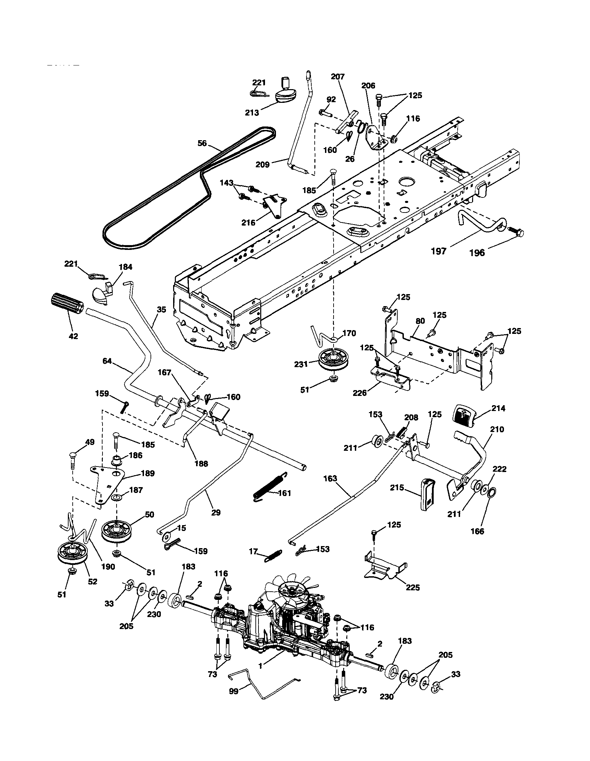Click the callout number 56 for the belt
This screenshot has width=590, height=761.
202,143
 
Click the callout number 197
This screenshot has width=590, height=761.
439,251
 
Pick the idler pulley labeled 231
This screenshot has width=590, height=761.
334,361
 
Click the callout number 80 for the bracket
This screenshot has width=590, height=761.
420,321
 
